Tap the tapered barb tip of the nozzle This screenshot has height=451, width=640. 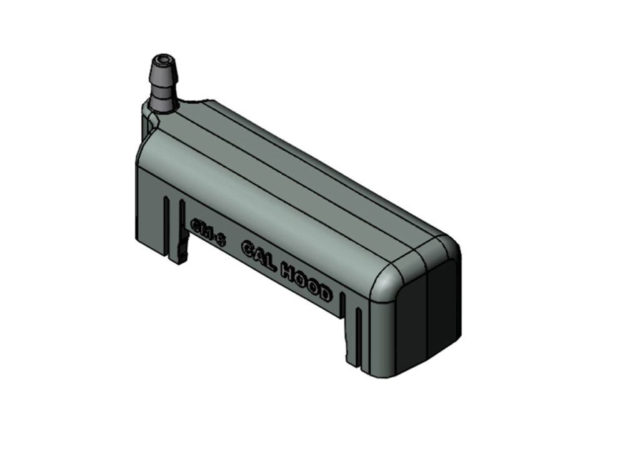162,73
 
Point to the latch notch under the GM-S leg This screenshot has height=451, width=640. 182,253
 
